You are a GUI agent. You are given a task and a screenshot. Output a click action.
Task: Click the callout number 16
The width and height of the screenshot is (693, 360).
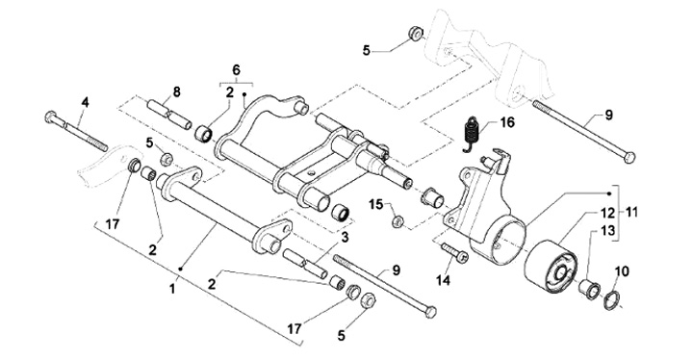pyautogui.click(x=507, y=122)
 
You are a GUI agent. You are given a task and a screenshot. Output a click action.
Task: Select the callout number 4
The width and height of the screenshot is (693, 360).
pyautogui.click(x=85, y=103)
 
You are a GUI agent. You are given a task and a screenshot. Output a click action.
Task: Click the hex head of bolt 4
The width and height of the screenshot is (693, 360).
pyautogui.click(x=50, y=116)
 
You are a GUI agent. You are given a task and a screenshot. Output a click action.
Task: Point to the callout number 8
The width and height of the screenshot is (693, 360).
pyautogui.click(x=176, y=92)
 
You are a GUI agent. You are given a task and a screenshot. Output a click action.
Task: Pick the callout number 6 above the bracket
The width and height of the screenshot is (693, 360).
pyautogui.click(x=236, y=70)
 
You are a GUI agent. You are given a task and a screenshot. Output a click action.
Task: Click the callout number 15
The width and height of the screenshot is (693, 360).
pyautogui.click(x=377, y=204)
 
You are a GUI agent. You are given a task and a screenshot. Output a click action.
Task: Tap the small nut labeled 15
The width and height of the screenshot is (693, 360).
pyautogui.click(x=397, y=220)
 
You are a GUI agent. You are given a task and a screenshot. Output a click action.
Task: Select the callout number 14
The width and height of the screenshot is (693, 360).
pyautogui.click(x=443, y=279)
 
